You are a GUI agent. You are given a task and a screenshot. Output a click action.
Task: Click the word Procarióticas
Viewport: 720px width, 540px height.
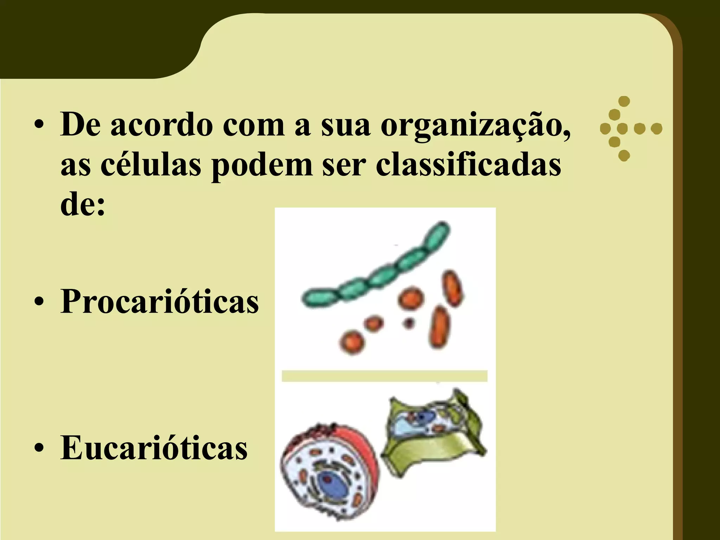pyautogui.click(x=160, y=302)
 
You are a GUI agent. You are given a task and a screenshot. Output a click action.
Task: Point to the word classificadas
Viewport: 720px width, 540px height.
pyautogui.click(x=468, y=165)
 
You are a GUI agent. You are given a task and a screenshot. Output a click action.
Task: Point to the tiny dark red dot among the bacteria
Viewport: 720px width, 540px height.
pyautogui.click(x=408, y=322)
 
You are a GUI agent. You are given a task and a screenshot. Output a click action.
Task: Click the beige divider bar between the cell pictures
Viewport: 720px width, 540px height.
pyautogui.click(x=384, y=376)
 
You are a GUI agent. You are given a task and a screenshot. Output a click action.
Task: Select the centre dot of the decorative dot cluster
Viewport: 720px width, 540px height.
pyautogui.click(x=622, y=129)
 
